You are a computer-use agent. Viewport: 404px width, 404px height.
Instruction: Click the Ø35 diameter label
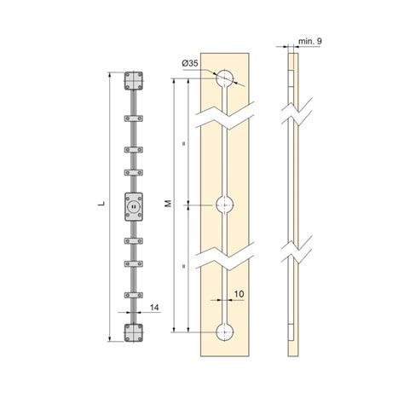pos(190,63)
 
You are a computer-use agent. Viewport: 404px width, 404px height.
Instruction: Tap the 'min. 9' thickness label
pos(310,41)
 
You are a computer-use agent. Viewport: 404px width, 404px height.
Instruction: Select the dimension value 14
pos(154,308)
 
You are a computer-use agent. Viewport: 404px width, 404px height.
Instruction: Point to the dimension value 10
pos(240,294)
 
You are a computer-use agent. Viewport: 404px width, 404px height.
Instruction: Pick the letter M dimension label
pos(169,204)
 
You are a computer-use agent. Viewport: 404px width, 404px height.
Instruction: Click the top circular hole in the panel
pos(225,78)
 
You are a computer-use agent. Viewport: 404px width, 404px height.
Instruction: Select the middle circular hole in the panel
pos(225,205)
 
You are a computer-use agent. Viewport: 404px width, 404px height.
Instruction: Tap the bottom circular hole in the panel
pos(225,332)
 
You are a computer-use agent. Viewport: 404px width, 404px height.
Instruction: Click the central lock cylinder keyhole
pos(134,207)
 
